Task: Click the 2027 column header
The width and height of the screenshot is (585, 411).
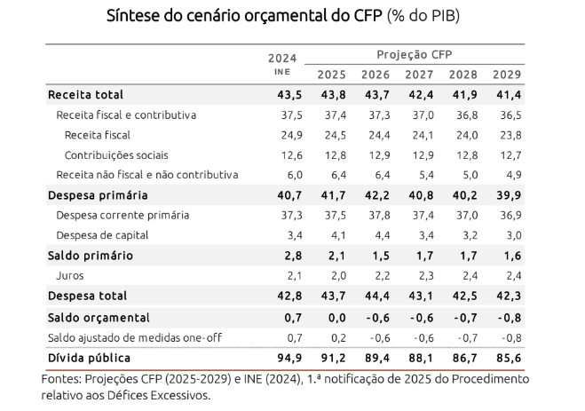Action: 418,75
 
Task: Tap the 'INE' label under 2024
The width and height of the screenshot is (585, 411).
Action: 281,71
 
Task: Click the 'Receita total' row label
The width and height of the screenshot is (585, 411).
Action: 85,95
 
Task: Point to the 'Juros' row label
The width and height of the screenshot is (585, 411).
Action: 70,275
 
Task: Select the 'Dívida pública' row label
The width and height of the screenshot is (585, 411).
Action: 90,358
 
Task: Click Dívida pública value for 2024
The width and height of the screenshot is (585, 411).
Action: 283,358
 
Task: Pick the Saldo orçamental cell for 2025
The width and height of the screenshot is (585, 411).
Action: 332,317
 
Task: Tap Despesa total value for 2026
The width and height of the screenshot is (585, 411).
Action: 376,296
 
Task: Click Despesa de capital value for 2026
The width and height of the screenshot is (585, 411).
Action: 376,235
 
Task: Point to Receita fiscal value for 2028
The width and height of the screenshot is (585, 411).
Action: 463,135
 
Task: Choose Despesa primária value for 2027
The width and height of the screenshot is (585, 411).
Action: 419,195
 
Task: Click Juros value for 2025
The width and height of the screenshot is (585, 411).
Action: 332,275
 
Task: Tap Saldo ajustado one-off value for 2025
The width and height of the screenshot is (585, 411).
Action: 332,337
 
